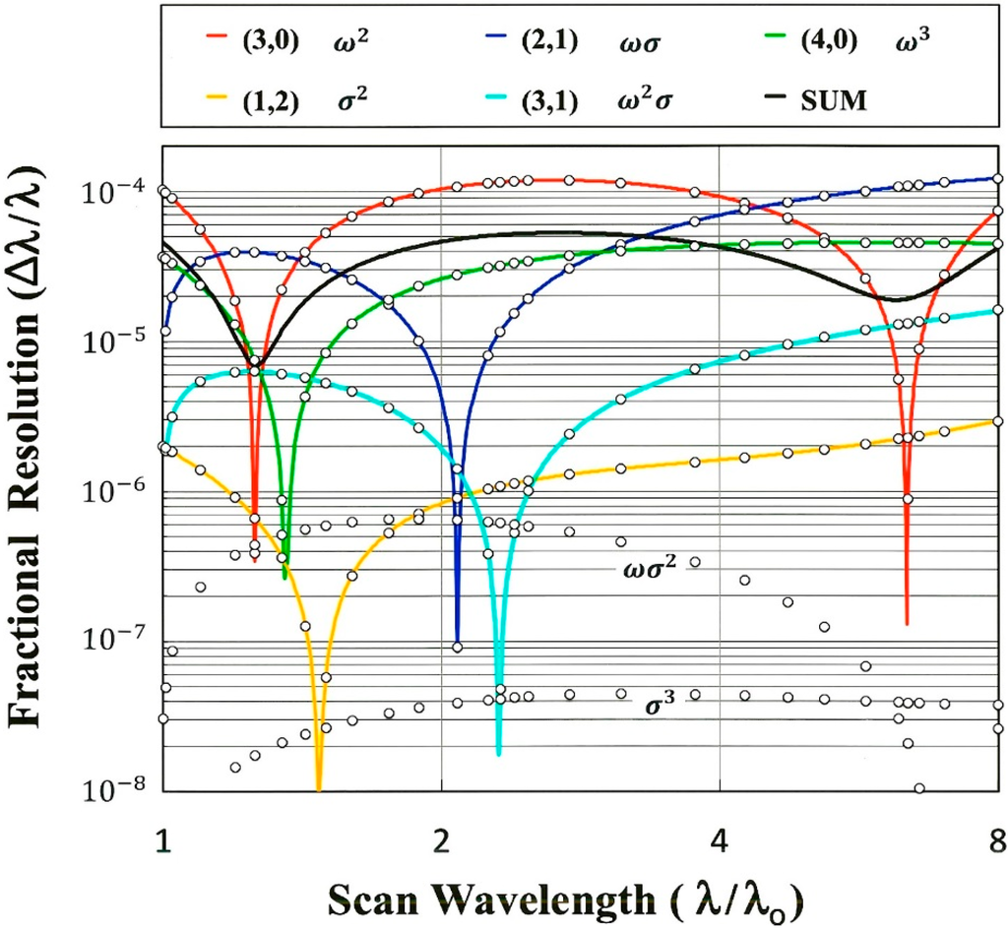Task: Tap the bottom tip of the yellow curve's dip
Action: [x=318, y=788]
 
